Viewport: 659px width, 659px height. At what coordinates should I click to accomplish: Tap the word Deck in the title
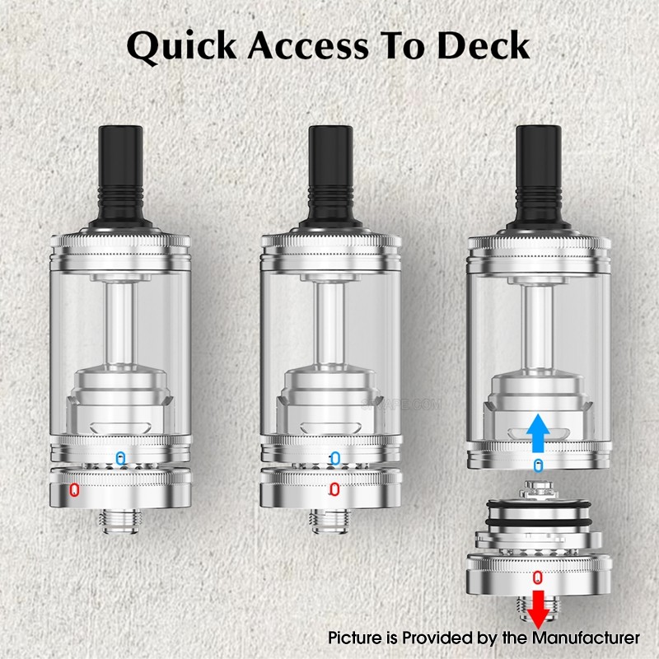pyautogui.click(x=483, y=45)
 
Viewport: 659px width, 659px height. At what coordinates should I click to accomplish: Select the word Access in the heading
pyautogui.click(x=308, y=45)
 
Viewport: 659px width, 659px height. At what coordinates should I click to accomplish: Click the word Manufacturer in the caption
pyautogui.click(x=586, y=638)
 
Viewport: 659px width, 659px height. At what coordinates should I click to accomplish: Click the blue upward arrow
pyautogui.click(x=538, y=433)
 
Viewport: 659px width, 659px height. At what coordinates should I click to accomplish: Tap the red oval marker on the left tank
pyautogui.click(x=74, y=489)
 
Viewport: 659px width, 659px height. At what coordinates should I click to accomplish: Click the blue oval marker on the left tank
pyautogui.click(x=121, y=458)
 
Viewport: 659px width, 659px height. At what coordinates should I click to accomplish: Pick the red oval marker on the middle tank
pyautogui.click(x=334, y=489)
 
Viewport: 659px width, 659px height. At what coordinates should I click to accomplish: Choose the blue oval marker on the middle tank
pyautogui.click(x=335, y=458)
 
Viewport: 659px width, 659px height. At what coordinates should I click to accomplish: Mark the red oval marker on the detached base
pyautogui.click(x=538, y=577)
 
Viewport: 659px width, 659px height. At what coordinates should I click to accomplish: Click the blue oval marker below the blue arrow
pyautogui.click(x=538, y=465)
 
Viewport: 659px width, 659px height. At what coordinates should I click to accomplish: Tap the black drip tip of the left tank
pyautogui.click(x=120, y=176)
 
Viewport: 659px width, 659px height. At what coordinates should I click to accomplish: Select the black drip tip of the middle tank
pyautogui.click(x=330, y=176)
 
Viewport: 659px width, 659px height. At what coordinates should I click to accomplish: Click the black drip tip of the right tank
pyautogui.click(x=539, y=176)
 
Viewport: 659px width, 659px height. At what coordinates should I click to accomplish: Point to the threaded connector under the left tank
pyautogui.click(x=120, y=521)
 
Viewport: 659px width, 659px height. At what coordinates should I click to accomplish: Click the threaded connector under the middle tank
pyautogui.click(x=330, y=521)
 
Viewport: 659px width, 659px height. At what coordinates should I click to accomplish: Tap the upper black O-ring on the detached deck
pyautogui.click(x=539, y=504)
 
